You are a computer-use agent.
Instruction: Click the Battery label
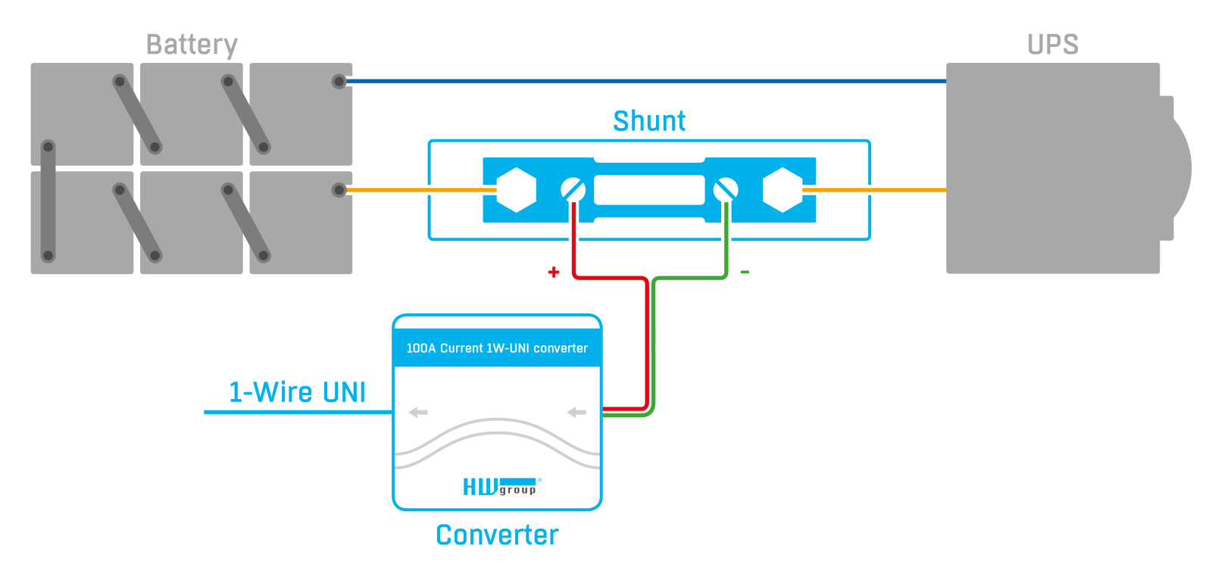point(192,45)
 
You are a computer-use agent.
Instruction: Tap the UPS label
point(1052,45)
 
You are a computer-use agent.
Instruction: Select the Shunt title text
point(648,120)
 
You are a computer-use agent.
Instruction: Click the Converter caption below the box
point(497,535)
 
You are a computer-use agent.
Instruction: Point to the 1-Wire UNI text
point(297,392)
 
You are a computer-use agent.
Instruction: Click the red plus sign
point(554,272)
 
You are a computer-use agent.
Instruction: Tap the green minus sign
point(745,272)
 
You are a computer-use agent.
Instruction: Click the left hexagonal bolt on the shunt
point(516,190)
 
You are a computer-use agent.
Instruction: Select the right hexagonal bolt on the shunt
point(782,190)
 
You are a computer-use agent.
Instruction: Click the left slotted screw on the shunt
point(573,190)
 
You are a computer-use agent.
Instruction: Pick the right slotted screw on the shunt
point(726,190)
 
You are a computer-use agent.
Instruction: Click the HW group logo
point(501,486)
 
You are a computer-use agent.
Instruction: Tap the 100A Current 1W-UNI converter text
point(497,348)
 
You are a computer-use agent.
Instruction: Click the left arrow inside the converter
point(418,413)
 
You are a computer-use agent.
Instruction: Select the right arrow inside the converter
point(576,413)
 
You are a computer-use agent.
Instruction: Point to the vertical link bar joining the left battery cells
point(48,201)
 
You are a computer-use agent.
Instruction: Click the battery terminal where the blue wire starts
point(339,82)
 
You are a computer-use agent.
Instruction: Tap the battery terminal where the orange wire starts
point(339,190)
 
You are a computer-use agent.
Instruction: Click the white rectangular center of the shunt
point(649,190)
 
